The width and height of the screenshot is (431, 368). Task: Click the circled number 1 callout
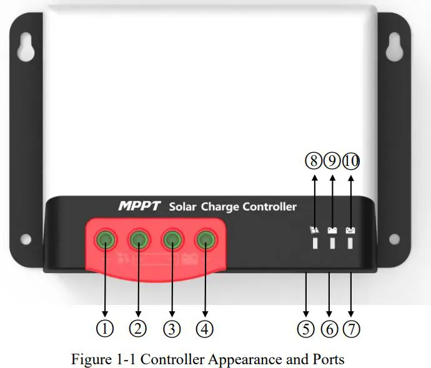(x=106, y=328)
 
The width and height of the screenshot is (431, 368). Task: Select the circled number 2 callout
(x=138, y=328)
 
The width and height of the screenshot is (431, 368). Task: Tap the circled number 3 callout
(x=171, y=328)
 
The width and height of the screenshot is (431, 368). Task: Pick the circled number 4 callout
(x=204, y=328)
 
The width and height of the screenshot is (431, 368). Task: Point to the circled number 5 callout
(x=305, y=328)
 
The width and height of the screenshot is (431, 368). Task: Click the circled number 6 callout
(x=329, y=328)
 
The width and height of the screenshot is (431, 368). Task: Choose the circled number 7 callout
(x=352, y=328)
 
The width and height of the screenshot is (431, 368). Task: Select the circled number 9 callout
(x=332, y=161)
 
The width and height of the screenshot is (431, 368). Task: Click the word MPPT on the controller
(x=139, y=206)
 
